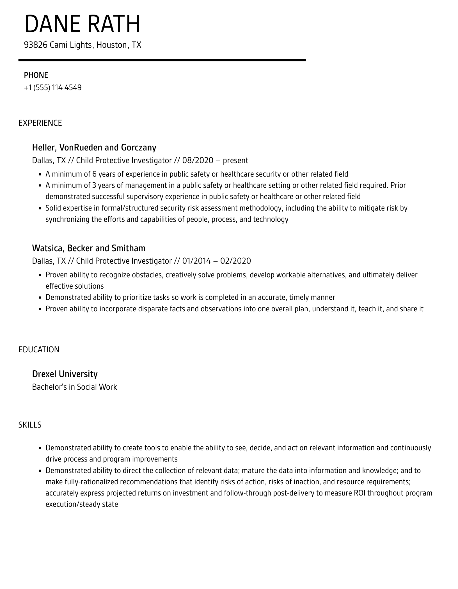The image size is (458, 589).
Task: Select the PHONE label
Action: coord(36,75)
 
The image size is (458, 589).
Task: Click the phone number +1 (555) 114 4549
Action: coord(53,88)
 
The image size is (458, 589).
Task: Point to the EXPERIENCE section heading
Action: coord(40,123)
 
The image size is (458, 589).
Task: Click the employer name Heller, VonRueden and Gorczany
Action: coord(94,147)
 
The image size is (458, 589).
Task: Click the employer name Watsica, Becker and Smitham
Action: coord(89,248)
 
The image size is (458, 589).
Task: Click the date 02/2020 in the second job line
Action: coord(235,261)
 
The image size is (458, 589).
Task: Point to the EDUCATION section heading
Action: coord(39,350)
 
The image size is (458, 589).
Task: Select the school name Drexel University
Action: coord(65,374)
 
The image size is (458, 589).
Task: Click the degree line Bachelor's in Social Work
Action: coord(74,387)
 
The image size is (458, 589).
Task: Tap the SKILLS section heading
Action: coord(30,425)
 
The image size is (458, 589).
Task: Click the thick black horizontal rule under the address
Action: coord(162,60)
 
